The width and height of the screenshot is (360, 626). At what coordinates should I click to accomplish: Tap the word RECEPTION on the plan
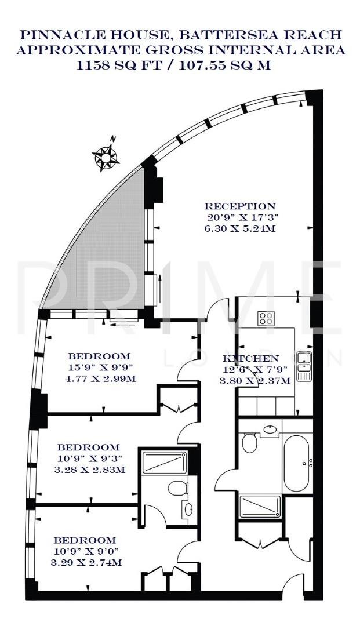click(240, 206)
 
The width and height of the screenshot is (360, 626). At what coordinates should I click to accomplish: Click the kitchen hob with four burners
click(266, 318)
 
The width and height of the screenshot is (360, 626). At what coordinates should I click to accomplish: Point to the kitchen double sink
click(304, 366)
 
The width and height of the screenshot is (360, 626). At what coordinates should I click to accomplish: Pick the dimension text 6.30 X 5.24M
click(240, 229)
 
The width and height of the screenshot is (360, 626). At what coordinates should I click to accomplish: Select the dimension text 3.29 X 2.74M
click(87, 562)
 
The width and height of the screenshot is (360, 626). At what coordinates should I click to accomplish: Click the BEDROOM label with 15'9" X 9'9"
click(99, 356)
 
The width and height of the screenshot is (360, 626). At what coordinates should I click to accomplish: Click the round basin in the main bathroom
click(270, 430)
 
